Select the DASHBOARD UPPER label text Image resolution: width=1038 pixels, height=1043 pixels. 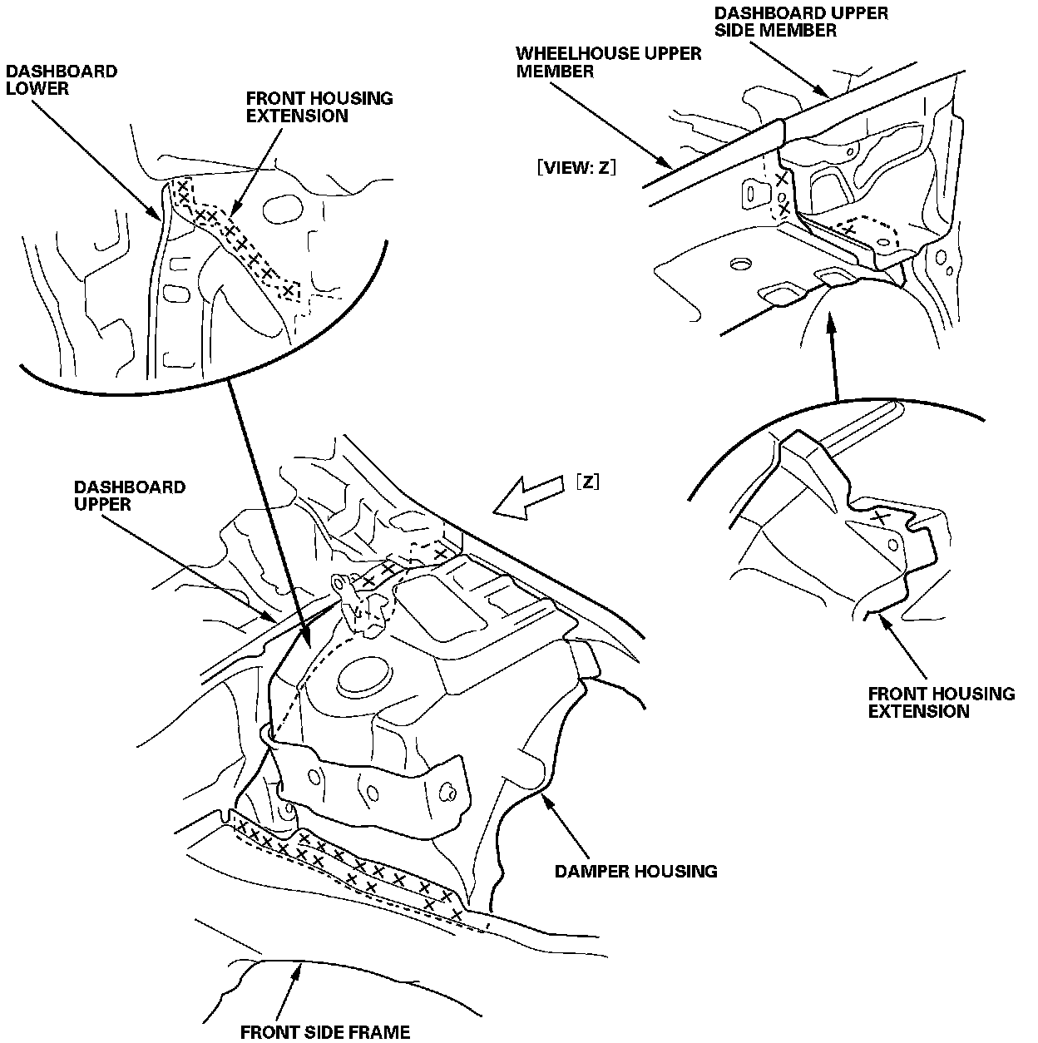click(x=129, y=496)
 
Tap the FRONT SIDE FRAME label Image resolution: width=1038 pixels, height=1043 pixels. click(x=325, y=1032)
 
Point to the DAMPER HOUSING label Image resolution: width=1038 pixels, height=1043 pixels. click(x=635, y=871)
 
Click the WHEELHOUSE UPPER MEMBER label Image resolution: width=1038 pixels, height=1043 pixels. click(x=609, y=62)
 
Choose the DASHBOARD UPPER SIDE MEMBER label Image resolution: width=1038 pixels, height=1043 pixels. click(x=790, y=22)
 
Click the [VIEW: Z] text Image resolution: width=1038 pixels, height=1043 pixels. click(x=576, y=166)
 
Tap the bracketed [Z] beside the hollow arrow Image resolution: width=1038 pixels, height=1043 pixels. click(x=586, y=482)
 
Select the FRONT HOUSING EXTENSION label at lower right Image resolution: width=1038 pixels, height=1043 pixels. click(x=942, y=702)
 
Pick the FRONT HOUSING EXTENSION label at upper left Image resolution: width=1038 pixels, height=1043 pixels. click(x=319, y=106)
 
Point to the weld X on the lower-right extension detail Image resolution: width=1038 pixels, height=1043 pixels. click(x=877, y=517)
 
